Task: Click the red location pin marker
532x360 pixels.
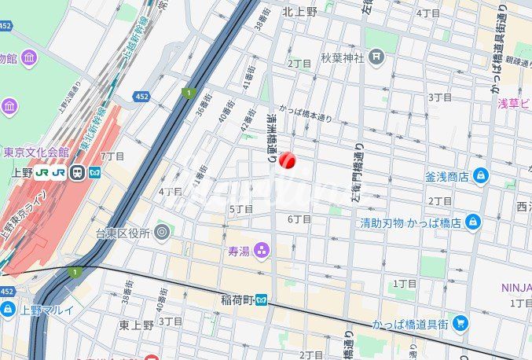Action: coord(287,160)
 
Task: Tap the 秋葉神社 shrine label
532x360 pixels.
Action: coord(343,57)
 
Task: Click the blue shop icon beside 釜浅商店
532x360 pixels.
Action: coord(480,176)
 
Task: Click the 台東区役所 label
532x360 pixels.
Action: coord(123,232)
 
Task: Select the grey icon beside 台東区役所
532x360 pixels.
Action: coord(162,232)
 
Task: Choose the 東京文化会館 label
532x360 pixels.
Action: coord(35,152)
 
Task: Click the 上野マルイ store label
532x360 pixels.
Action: coord(48,310)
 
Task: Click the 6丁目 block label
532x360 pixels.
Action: coord(299,219)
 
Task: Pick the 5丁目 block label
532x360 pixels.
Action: coord(240,209)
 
